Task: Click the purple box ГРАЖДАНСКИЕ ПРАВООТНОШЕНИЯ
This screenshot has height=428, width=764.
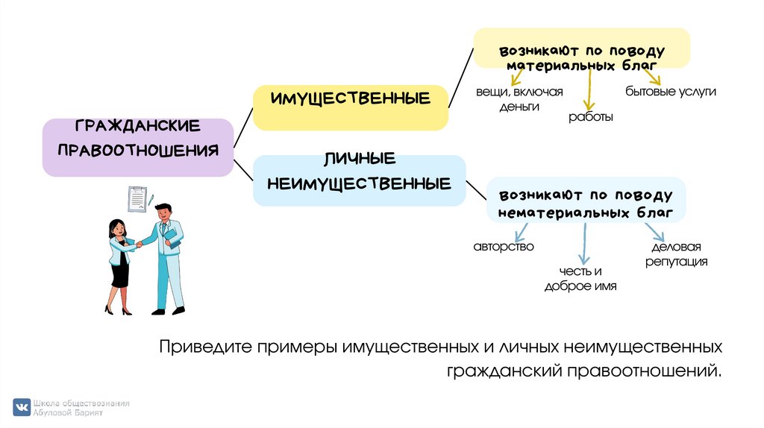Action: tap(137, 147)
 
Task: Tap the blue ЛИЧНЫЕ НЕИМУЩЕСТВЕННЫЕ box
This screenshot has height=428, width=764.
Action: tap(359, 180)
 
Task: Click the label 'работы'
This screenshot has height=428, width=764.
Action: tap(591, 117)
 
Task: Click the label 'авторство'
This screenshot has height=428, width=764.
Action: tap(504, 246)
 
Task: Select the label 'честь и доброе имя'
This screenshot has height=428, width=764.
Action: tap(580, 278)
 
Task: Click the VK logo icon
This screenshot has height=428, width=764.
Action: tap(21, 407)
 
